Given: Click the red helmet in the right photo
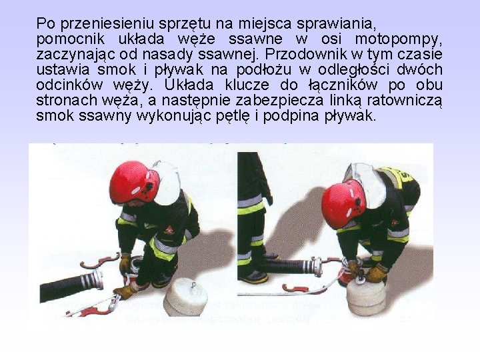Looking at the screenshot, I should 343,203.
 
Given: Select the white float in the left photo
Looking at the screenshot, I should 183,296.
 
